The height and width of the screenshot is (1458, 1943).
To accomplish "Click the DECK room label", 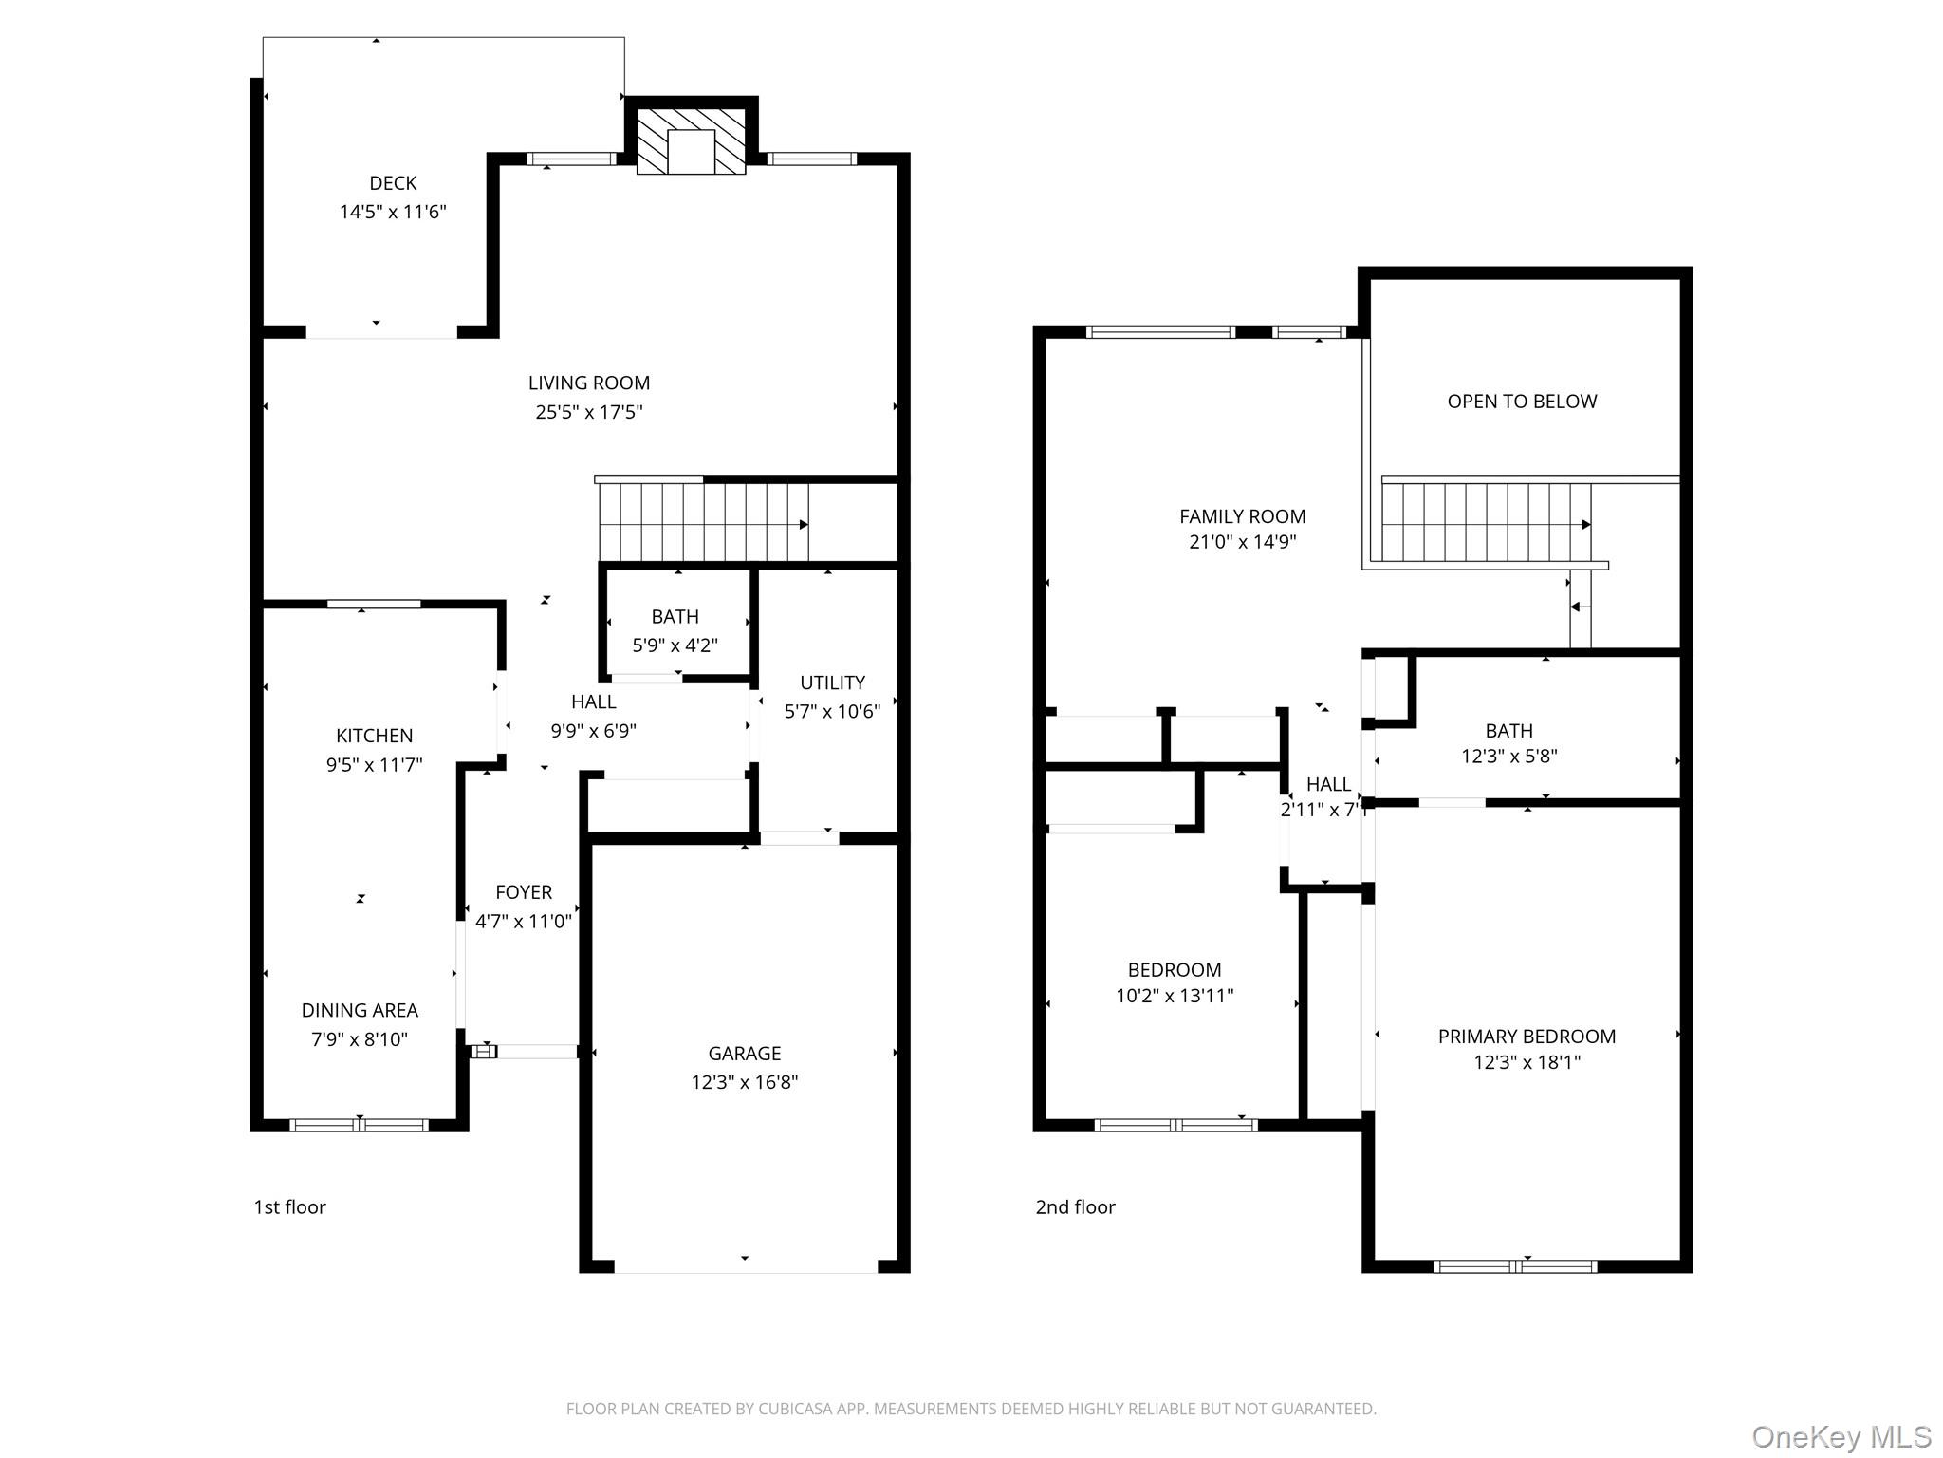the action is [x=393, y=183].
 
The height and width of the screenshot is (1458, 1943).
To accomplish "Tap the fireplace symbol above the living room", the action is [x=691, y=141].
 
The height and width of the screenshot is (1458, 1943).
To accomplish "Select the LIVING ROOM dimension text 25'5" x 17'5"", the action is [x=589, y=412].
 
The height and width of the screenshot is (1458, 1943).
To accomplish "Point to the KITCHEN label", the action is [x=375, y=736].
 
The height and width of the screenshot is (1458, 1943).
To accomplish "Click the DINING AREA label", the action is [x=360, y=1010].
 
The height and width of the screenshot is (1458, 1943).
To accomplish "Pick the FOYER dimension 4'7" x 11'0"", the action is [x=524, y=921].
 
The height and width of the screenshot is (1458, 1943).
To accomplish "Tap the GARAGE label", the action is [x=745, y=1054].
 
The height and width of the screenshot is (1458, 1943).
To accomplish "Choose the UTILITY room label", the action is [x=832, y=682].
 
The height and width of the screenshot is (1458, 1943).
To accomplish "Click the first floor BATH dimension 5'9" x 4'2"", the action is [x=675, y=645].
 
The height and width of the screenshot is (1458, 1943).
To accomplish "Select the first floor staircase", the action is [x=703, y=522].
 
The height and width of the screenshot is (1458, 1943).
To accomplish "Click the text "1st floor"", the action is [x=289, y=1207].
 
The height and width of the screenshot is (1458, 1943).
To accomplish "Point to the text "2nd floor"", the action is [x=1075, y=1207].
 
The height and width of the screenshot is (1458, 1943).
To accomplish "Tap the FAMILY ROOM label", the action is [x=1243, y=516].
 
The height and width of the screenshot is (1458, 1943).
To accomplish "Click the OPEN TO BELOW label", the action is [x=1522, y=402].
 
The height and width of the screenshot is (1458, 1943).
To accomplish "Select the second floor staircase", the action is [x=1487, y=522].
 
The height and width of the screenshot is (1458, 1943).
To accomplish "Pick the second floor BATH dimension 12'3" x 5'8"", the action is [x=1509, y=757].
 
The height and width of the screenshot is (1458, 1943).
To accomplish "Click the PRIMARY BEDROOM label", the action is [x=1527, y=1037].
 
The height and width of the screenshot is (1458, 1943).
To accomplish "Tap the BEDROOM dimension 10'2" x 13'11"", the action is [x=1175, y=996].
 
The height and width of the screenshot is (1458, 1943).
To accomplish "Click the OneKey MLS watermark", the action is [x=1841, y=1437].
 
